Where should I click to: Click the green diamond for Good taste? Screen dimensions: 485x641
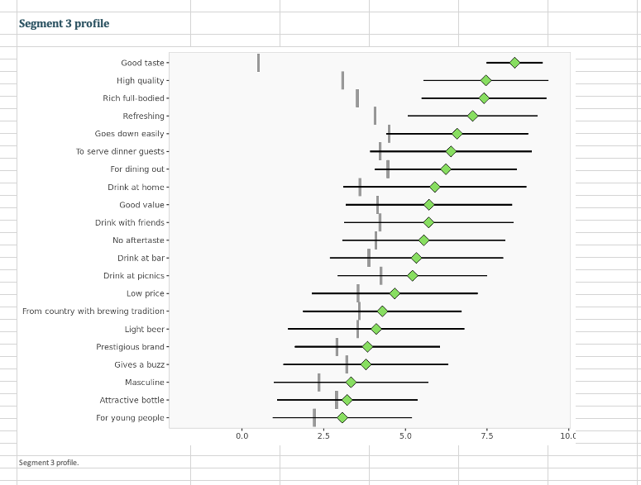[514, 63]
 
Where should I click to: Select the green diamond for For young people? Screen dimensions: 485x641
[342, 418]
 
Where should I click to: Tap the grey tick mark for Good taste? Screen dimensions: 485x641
[258, 63]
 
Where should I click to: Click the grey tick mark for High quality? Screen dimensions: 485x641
[342, 80]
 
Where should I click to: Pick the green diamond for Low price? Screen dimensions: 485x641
[395, 293]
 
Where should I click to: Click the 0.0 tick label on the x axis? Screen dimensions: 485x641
[242, 435]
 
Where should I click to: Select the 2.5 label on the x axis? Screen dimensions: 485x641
[323, 435]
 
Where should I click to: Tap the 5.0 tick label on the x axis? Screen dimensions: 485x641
[405, 435]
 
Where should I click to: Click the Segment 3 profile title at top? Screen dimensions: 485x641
[64, 23]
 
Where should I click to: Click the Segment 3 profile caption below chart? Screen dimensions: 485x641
[49, 462]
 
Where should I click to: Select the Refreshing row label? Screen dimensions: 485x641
[143, 116]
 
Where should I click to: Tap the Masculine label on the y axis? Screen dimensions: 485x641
[145, 383]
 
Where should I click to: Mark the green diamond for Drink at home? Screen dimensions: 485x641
[435, 187]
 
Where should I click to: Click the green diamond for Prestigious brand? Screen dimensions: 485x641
[367, 347]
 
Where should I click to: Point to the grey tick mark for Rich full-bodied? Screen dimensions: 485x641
[357, 98]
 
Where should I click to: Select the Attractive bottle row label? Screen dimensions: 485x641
[132, 400]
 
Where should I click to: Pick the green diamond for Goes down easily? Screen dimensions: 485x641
[457, 134]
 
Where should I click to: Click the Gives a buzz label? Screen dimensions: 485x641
[139, 364]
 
